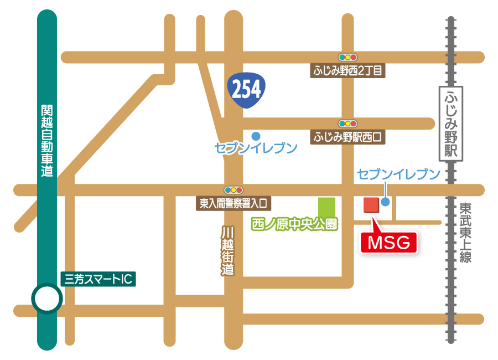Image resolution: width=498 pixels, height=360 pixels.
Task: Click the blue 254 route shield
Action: pos(246,90)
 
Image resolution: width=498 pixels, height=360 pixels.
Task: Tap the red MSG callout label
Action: pos(388,242)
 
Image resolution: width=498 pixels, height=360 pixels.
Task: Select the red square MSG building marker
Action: pos(370,204)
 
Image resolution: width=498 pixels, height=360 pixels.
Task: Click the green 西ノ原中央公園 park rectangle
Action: pos(326,207)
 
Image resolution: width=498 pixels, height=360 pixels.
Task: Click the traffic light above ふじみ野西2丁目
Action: pos(348,56)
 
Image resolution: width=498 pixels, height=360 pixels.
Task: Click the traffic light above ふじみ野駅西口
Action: pos(348,123)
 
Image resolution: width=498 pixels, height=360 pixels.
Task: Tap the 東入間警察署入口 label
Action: pos(232,203)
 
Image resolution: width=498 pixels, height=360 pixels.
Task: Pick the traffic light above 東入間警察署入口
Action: pos(233,189)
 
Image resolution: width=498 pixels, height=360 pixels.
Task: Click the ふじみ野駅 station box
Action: pos(450,123)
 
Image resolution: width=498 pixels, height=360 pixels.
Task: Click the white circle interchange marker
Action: pos(46,299)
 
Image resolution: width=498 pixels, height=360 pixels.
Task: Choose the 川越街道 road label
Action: pos(227,251)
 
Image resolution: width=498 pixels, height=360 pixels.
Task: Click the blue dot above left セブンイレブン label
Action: pos(256,135)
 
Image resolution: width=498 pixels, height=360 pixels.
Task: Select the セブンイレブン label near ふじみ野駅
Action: pos(398,174)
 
